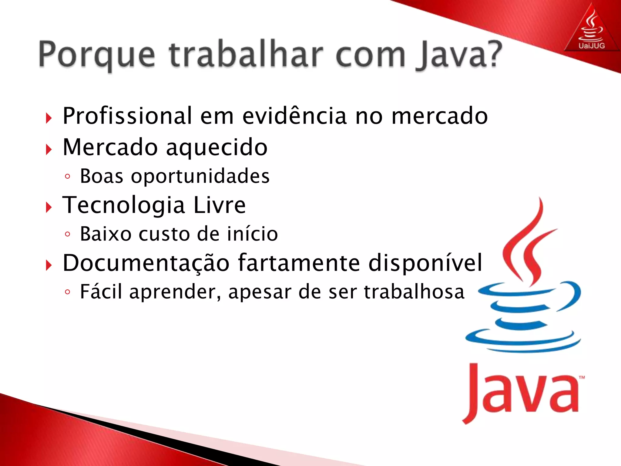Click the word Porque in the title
point(97,55)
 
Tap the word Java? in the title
point(459,55)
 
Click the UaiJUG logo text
point(592,46)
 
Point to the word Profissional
point(127,116)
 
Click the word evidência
point(294,116)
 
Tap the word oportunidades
point(200,176)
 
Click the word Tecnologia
point(124,205)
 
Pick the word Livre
point(219,205)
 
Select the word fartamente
point(299,263)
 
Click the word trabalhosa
point(414,292)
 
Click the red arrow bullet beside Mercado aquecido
point(49,150)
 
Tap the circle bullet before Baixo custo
point(68,234)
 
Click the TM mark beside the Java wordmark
point(582,378)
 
